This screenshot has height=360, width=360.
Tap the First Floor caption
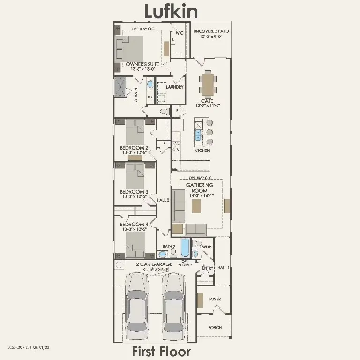coord(161,351)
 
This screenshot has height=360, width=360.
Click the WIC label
coord(179,33)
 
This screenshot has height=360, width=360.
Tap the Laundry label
coord(174,87)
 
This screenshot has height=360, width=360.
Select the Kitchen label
coord(202,150)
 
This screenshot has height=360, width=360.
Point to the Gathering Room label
coord(200,187)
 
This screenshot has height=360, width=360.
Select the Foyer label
coord(215,299)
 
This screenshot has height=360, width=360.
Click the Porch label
coord(215,327)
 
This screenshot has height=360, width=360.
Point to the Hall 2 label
coord(163,200)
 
